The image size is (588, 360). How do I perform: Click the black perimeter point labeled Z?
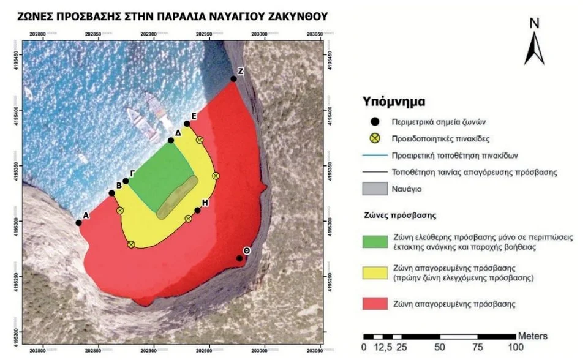coord(233,79)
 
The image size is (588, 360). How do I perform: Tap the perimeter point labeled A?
coord(78,222)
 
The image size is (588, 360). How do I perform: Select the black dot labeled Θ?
coord(239,258)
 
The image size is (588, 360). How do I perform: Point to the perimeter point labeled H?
coord(198,211)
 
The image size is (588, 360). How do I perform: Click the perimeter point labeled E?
coord(187,124)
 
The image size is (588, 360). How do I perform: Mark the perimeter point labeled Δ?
coord(171,141)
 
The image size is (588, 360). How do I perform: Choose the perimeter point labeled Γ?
coord(126,181)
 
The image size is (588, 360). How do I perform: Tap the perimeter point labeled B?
coord(111,193)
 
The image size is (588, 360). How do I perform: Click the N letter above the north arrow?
coord(534,23)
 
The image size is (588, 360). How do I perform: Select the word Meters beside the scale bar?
coord(533,336)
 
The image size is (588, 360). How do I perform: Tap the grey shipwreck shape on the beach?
coord(177,197)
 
